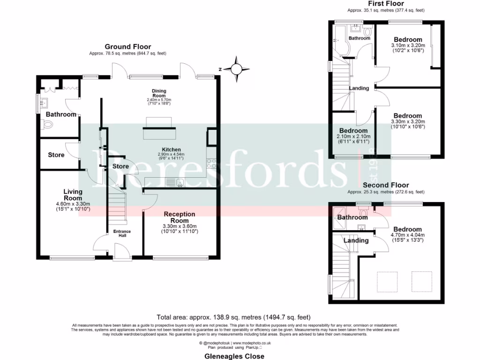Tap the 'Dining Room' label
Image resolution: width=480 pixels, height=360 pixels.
[x=159, y=93]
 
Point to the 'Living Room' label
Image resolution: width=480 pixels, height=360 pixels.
[x=73, y=195]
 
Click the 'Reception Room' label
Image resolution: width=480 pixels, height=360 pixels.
[x=179, y=217]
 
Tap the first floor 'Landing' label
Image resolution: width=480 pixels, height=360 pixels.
[x=359, y=88]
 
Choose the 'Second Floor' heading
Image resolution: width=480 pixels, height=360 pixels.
[x=385, y=185]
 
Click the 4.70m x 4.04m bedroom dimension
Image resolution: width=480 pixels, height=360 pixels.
[x=407, y=235]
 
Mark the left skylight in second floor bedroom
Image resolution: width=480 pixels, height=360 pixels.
[x=387, y=281]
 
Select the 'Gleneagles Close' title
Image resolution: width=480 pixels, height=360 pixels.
[x=240, y=356]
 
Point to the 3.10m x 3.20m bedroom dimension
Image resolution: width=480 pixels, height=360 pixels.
[x=407, y=45]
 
